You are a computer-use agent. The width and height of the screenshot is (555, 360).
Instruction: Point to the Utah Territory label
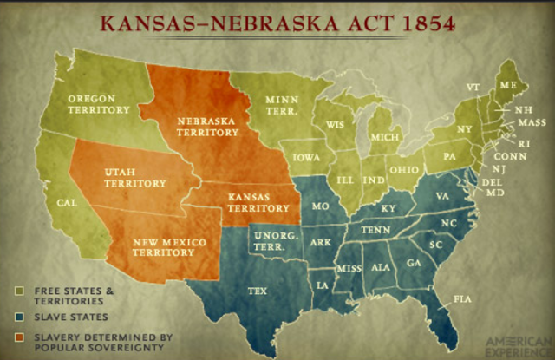[134, 177]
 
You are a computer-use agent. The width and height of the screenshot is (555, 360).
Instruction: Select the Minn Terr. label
[282, 107]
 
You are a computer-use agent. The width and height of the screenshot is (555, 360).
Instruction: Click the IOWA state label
[305, 159]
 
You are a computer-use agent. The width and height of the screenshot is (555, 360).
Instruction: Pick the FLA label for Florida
[462, 299]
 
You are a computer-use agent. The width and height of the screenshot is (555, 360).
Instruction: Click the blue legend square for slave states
[21, 317]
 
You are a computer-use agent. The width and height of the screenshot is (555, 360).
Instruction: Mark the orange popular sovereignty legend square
[21, 336]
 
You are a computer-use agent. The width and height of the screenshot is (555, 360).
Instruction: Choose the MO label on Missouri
[320, 207]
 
